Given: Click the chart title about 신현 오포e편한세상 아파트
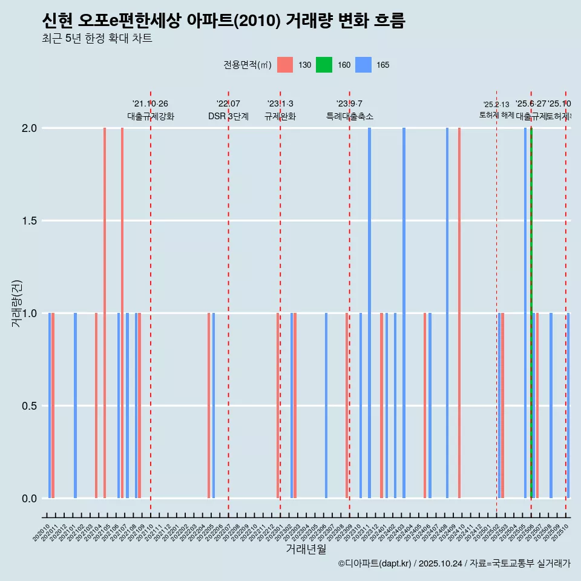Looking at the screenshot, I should click(223, 21).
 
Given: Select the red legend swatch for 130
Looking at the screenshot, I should click(285, 65).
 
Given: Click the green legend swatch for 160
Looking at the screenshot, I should click(324, 65).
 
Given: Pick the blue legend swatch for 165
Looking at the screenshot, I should click(363, 65).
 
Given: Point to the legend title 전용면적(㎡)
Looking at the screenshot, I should click(248, 65).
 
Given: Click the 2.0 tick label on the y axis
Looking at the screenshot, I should click(30, 128).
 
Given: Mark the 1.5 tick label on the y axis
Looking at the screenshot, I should click(30, 221).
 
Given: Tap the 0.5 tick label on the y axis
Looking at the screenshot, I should click(30, 406).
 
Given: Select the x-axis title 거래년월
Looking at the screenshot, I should click(306, 550).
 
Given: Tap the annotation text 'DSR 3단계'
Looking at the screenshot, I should click(228, 116).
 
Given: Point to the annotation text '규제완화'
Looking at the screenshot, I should click(280, 116).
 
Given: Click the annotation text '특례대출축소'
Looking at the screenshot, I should click(350, 116).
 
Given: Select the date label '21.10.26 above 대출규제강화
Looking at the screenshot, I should click(150, 104).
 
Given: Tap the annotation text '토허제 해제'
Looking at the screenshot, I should click(496, 114).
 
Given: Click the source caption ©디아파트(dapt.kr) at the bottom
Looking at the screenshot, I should click(454, 564).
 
